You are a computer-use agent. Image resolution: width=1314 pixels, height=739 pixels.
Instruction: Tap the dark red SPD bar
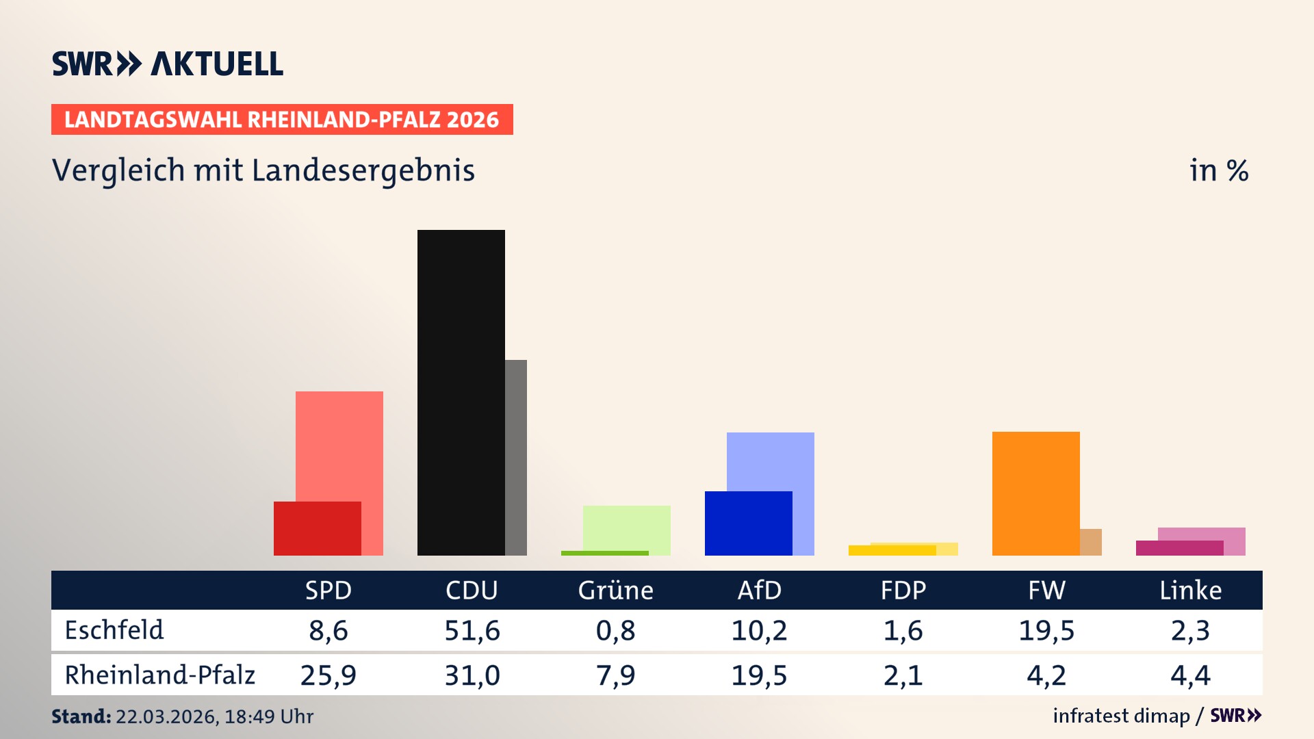coord(317,528)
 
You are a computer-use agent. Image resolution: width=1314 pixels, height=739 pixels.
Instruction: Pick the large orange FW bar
coord(1035,493)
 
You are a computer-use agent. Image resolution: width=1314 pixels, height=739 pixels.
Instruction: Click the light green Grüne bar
coord(626,527)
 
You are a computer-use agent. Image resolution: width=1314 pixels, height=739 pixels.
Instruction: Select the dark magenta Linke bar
coord(1179,548)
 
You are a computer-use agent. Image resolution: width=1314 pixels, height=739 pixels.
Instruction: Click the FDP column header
coord(903,590)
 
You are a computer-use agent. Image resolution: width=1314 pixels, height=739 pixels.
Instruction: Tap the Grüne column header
coord(615,590)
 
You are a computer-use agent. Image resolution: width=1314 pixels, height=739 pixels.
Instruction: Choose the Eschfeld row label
coord(114,630)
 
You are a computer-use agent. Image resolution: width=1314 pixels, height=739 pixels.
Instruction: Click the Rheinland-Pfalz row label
coord(159,675)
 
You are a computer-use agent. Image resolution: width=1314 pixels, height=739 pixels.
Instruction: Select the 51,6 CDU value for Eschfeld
coord(472,630)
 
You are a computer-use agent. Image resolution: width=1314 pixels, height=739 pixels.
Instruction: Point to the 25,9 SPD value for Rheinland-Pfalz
coord(328,675)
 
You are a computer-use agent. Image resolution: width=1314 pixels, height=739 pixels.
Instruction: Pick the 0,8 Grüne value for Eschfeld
coord(615,630)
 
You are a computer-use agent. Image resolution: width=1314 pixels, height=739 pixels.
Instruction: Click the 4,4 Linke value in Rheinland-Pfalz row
coord(1190,675)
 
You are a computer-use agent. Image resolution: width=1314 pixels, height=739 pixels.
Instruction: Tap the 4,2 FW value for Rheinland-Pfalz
coord(1046,675)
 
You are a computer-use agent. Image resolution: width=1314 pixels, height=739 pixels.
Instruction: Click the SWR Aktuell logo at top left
coord(168,64)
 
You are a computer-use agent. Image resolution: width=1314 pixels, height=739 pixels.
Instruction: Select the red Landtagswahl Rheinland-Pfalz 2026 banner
coord(282,120)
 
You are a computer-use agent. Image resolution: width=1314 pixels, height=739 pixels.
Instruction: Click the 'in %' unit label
coord(1218,170)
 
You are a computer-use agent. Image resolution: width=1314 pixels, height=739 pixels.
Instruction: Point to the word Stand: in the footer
coord(81,716)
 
